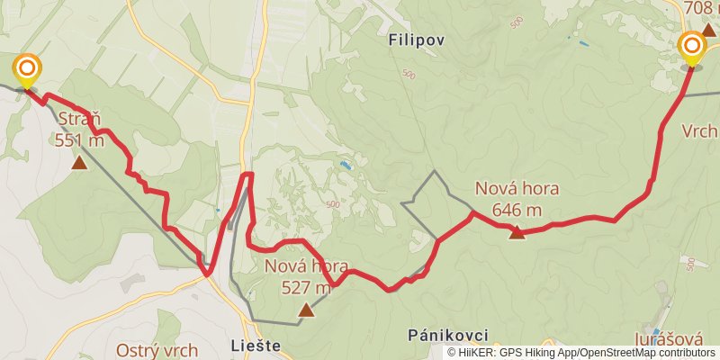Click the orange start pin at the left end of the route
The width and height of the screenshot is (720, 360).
tap(28, 68)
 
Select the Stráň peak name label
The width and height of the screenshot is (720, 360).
tap(79, 121)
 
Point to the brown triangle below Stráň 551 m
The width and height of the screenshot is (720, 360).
tap(79, 163)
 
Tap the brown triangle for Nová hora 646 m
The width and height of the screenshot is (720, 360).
tap(517, 233)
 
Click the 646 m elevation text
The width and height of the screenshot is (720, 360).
tap(517, 210)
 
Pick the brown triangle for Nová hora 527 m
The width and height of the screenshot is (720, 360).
tap(306, 310)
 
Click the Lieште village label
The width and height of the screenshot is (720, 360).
tap(256, 345)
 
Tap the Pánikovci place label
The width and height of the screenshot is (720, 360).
tap(447, 335)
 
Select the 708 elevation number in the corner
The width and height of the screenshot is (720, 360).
tap(698, 8)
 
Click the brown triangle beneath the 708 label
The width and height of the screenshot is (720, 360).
tap(708, 31)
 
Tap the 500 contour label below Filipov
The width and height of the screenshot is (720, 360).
tap(409, 75)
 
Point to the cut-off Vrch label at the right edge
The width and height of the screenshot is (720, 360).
tap(699, 130)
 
